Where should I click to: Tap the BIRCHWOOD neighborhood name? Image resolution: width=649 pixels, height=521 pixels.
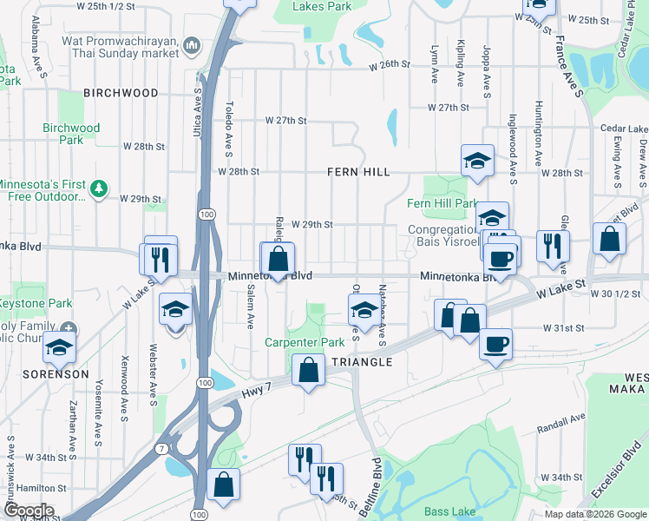click(x=121, y=93)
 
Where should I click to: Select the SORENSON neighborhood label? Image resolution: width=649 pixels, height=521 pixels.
click(x=56, y=374)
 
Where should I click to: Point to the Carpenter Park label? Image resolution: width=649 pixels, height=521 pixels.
click(x=305, y=344)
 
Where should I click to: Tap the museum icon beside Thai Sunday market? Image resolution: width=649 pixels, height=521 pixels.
click(x=193, y=44)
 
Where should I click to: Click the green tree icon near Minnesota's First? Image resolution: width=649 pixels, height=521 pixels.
click(x=100, y=187)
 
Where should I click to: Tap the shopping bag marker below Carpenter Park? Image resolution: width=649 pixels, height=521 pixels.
click(x=308, y=370)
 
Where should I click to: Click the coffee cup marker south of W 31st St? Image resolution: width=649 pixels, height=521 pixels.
click(x=495, y=343)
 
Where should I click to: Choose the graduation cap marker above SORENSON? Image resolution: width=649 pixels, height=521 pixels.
click(x=59, y=347)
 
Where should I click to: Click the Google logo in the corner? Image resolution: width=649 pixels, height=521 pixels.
click(x=28, y=511)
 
